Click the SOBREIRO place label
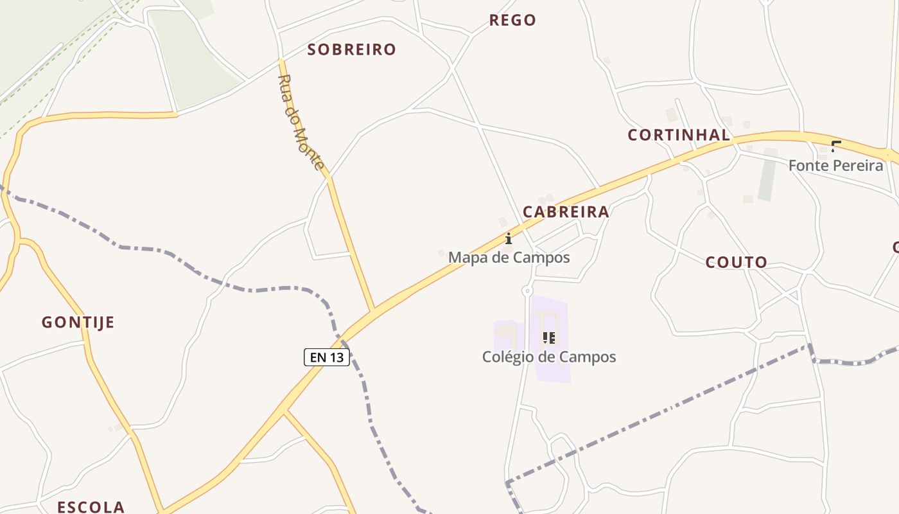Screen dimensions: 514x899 point(351,49)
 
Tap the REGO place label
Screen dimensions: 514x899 point(512,20)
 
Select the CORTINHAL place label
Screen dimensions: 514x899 point(679,135)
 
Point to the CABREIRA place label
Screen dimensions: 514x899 point(566,212)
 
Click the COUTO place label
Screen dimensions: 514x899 point(737,262)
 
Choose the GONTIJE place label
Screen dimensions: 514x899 point(78,323)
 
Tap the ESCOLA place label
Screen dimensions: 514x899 point(91,507)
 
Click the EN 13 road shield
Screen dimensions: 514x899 point(327,357)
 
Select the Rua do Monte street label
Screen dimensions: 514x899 point(301,122)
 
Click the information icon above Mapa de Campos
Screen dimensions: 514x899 point(509,238)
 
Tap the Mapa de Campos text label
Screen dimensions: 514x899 point(509,258)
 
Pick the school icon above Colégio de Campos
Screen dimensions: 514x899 point(548,337)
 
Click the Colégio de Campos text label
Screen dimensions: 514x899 point(549,357)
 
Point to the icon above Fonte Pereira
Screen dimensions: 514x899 point(836,146)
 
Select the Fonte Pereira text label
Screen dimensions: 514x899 point(835,165)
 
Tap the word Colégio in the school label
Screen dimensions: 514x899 point(507,357)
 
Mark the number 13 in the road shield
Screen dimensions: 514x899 point(336,357)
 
